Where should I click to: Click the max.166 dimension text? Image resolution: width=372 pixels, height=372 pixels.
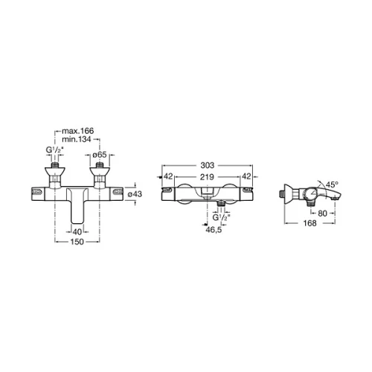(78, 131)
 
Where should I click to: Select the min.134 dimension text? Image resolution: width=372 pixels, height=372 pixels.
(77, 139)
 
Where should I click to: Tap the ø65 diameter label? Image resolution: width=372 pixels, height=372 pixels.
(100, 155)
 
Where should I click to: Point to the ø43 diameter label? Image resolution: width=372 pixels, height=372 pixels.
(135, 193)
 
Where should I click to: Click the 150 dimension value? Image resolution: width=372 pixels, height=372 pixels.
(77, 241)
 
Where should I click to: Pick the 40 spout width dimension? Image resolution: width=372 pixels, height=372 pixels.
(77, 232)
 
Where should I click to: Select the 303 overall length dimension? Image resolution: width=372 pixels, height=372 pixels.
(208, 165)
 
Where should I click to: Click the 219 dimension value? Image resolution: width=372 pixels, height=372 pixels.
(207, 177)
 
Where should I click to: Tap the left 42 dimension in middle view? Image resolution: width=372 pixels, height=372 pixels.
(168, 176)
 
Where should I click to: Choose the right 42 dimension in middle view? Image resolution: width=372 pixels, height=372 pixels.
(246, 176)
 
